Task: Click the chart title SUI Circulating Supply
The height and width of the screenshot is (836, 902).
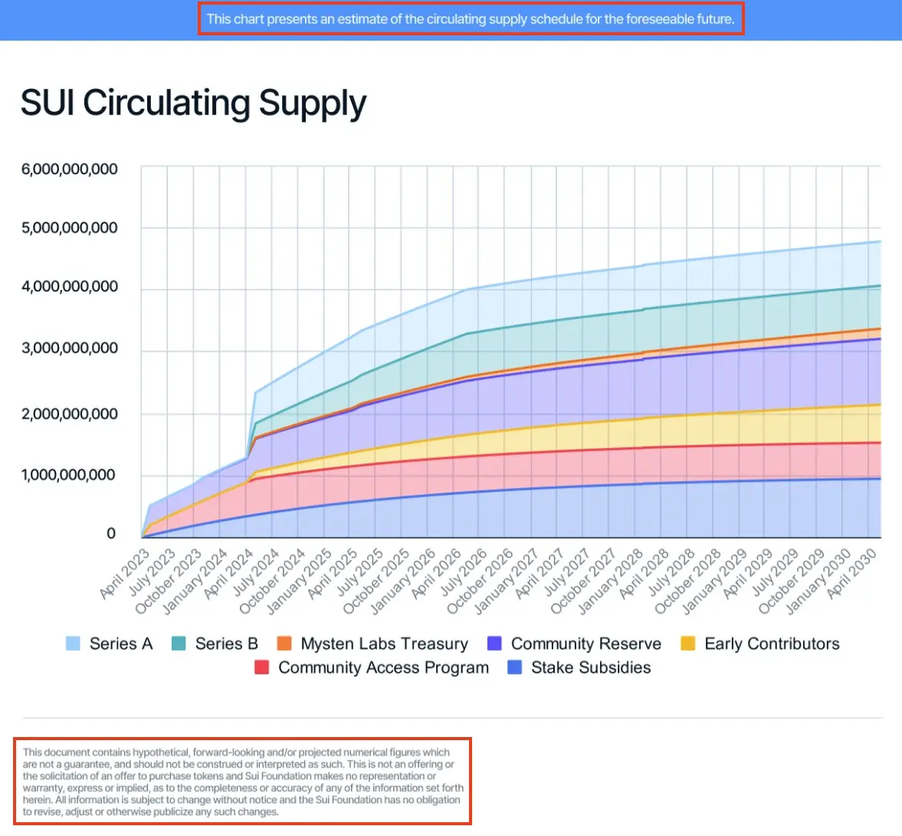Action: [x=193, y=104]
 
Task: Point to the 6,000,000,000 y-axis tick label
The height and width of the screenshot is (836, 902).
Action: [x=70, y=170]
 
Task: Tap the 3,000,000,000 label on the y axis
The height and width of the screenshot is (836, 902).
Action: [x=70, y=348]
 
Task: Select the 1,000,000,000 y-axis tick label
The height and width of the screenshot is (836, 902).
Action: [x=68, y=476]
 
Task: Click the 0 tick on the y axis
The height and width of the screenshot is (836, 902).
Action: [x=111, y=534]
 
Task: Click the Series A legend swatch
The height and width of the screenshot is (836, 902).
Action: [x=74, y=644]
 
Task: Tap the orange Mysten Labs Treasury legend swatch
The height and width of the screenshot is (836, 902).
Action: [x=284, y=644]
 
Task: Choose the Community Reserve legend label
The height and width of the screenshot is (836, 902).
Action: [x=585, y=644]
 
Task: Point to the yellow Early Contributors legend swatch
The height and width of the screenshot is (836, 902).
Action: [x=688, y=644]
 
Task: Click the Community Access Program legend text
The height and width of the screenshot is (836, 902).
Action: [x=383, y=668]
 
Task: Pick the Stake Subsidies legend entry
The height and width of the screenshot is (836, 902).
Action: [x=591, y=668]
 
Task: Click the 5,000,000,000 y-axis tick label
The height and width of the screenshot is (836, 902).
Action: [x=70, y=228]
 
